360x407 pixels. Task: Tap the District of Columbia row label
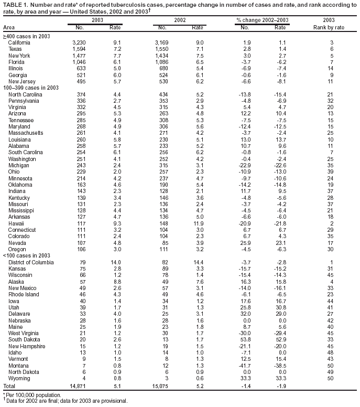pos(31,262)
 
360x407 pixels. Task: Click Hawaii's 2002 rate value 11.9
pos(198,223)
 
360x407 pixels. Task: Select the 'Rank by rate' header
pos(329,27)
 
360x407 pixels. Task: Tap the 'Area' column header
pos(9,27)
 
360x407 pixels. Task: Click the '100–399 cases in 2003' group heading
pos(31,88)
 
